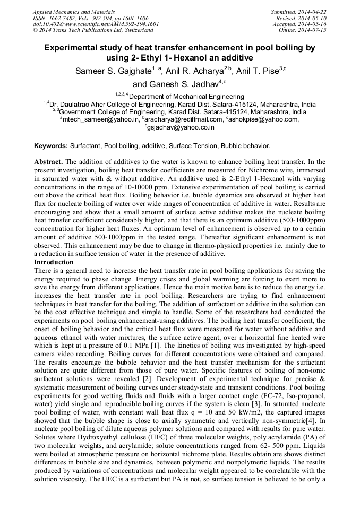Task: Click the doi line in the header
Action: [96, 24]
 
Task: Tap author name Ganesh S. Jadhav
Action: [184, 84]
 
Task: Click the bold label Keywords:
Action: [51, 145]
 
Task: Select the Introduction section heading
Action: [54, 262]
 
